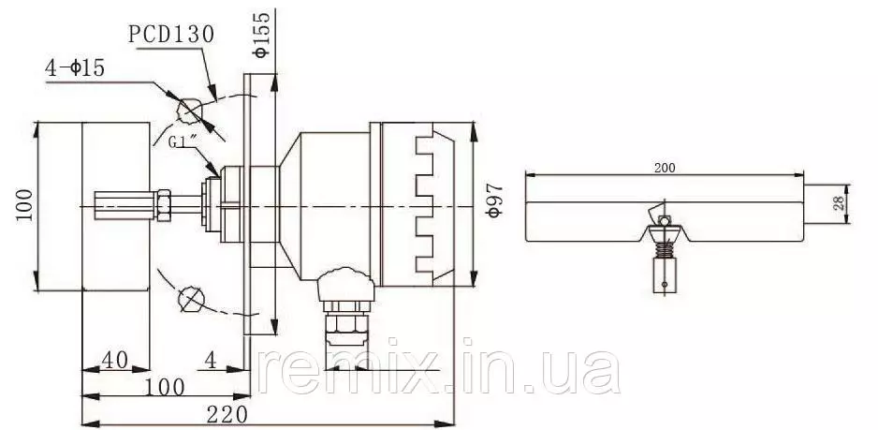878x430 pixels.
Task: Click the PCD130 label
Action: [x=171, y=35]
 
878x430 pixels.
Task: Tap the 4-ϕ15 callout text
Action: [x=75, y=68]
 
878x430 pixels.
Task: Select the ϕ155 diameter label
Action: [x=261, y=35]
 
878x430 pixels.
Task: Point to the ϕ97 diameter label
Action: [x=492, y=200]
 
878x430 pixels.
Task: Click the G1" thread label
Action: [x=182, y=141]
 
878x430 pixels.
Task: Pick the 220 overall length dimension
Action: [x=227, y=415]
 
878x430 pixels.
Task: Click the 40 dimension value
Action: [x=114, y=360]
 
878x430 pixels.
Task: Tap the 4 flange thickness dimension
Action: [x=210, y=360]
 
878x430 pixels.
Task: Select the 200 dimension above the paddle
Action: [x=665, y=168]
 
